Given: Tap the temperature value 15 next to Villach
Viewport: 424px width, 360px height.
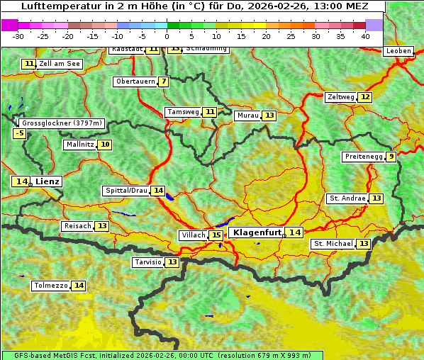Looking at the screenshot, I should coord(216,235).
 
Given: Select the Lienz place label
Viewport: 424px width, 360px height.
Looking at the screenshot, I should coord(48,181).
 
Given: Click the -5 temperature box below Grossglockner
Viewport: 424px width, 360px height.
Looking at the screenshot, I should coord(19,133).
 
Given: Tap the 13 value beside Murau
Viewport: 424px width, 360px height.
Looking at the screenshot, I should coord(269,116).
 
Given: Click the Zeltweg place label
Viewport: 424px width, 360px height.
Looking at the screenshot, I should coord(340,97).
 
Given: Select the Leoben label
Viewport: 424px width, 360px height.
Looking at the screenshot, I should coord(398,51).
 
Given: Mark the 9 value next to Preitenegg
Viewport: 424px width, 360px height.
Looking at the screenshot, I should coord(391,157).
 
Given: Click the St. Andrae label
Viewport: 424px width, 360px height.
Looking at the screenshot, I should coord(347,198).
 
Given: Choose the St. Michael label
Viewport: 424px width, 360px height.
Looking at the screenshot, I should coord(333,244).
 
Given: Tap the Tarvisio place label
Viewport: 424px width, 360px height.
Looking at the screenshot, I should coord(148,262).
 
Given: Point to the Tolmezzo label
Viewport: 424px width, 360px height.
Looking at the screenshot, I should coord(50,286).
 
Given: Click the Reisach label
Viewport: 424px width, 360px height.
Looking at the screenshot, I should coord(77,226).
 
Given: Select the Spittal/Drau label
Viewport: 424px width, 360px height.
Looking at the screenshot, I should coord(126,191).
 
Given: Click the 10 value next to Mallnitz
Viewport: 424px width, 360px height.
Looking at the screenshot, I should coord(105,145).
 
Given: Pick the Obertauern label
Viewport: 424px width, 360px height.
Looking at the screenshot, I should coord(135,81).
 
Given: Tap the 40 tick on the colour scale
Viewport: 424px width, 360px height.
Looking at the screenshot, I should coord(365,36).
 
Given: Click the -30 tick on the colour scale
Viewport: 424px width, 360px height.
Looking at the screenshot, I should coord(18,36).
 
